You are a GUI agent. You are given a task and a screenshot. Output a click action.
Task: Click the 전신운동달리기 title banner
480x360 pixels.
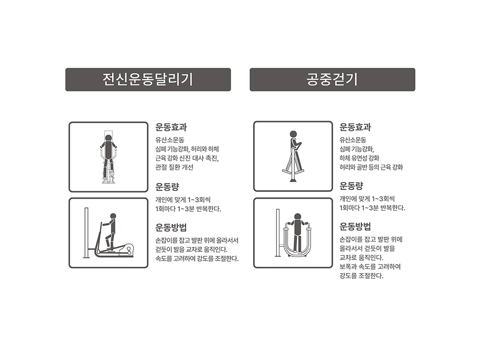[x=148, y=80]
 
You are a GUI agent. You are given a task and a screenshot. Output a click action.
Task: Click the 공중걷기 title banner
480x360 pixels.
[x=333, y=80]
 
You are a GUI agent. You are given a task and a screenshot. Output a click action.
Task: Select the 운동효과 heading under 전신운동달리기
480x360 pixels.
[x=171, y=127]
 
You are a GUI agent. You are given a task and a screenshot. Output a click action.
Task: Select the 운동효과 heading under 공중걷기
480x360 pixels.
[x=355, y=127]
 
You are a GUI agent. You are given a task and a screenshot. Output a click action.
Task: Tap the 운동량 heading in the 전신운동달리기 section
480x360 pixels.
[x=167, y=186]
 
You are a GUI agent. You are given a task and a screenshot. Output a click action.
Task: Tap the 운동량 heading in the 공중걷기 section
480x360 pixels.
[x=351, y=186]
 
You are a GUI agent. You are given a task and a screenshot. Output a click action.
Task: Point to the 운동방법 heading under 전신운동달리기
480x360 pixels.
[x=171, y=228]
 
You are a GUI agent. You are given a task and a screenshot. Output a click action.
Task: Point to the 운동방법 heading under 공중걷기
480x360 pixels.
[x=355, y=227]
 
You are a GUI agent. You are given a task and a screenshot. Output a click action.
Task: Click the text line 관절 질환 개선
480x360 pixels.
[x=175, y=167]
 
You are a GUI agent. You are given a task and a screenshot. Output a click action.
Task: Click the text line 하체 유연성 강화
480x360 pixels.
[x=360, y=158]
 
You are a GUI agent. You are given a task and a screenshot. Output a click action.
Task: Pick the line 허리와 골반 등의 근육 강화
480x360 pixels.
[x=372, y=167]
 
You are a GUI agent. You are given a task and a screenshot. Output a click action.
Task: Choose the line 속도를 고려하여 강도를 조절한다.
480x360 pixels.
[x=197, y=259]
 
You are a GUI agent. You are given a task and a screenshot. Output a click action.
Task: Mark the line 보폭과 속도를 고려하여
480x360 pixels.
[x=370, y=266]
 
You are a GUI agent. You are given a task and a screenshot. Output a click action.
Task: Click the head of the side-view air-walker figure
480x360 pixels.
[x=293, y=134]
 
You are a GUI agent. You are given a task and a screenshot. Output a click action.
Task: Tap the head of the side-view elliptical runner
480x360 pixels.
[x=113, y=216]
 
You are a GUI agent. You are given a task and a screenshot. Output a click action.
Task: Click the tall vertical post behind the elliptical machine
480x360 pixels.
[x=86, y=233]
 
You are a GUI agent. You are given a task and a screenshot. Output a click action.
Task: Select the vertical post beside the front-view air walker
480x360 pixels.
[x=278, y=233]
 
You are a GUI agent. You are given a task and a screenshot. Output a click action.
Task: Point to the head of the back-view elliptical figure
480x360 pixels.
[x=108, y=138]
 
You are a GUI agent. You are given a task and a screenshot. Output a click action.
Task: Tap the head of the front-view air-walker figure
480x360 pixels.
[x=297, y=217]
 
